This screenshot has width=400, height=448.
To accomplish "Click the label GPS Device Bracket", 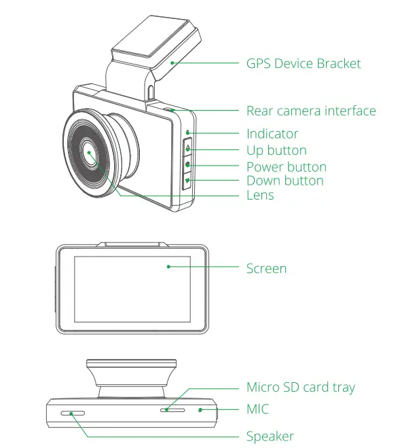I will [303, 64].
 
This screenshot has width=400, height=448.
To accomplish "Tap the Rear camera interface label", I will [310, 111].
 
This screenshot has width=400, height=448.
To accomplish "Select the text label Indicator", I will [272, 134].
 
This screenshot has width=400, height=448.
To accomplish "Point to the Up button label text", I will [276, 151].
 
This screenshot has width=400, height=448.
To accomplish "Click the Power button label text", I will [286, 167].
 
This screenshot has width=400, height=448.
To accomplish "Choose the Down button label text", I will [285, 181].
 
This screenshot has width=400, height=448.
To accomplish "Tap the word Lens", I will [260, 195].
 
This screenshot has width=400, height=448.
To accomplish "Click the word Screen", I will [266, 269].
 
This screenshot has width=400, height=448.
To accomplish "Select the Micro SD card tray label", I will [300, 388].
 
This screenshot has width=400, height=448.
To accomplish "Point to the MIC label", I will [257, 409].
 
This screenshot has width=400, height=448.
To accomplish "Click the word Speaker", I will [270, 436].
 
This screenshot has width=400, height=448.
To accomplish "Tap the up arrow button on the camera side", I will [187, 149].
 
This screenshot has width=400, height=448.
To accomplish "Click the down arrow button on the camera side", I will [187, 181].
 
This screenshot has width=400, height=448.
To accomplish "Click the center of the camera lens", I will [89, 153].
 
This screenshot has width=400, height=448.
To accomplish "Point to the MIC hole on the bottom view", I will [200, 409].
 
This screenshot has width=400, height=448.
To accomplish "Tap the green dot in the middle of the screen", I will [168, 267].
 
